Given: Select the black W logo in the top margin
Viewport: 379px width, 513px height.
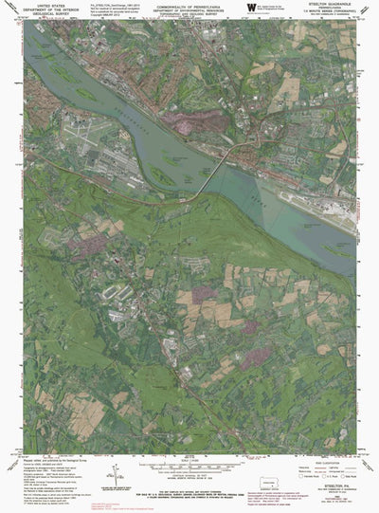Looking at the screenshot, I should point(250,9).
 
